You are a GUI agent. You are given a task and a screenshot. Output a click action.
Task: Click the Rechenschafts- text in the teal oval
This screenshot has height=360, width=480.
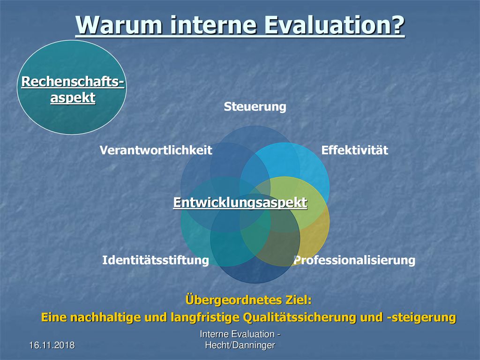pos(73,82)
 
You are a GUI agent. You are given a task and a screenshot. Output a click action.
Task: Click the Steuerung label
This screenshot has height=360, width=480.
pos(255,107)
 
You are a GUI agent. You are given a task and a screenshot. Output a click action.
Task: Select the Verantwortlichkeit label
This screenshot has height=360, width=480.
pos(156,150)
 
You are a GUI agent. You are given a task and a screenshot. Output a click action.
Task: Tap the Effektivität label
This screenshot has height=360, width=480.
pos(355,150)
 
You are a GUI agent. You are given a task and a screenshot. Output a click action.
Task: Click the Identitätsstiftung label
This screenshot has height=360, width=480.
pos(156,260)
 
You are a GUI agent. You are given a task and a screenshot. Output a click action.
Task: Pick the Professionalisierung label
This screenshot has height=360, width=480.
pos(354,260)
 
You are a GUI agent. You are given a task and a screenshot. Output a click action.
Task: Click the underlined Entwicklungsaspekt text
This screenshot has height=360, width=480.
pos(240,202)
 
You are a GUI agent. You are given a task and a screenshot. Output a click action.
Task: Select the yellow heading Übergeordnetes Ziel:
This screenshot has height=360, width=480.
pos(248,300)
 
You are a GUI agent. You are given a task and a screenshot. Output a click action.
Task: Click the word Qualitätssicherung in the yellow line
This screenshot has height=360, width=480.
pos(300,317)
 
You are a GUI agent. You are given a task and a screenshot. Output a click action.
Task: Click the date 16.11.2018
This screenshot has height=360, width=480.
pos(52,345)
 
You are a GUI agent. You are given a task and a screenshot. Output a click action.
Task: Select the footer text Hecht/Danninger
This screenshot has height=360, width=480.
pos(240,345)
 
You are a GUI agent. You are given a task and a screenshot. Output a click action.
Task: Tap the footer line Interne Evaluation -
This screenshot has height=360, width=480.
pos(240,334)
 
